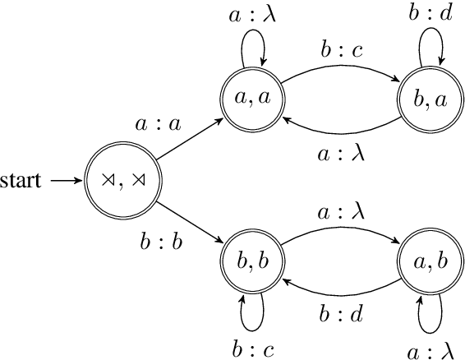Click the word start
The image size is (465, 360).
pyautogui.click(x=21, y=180)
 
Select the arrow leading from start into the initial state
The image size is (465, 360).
pyautogui.click(x=62, y=180)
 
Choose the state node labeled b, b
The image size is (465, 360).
pyautogui.click(x=251, y=261)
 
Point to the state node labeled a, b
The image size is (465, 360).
pyautogui.click(x=426, y=261)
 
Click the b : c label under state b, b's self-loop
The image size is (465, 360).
pyautogui.click(x=251, y=347)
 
